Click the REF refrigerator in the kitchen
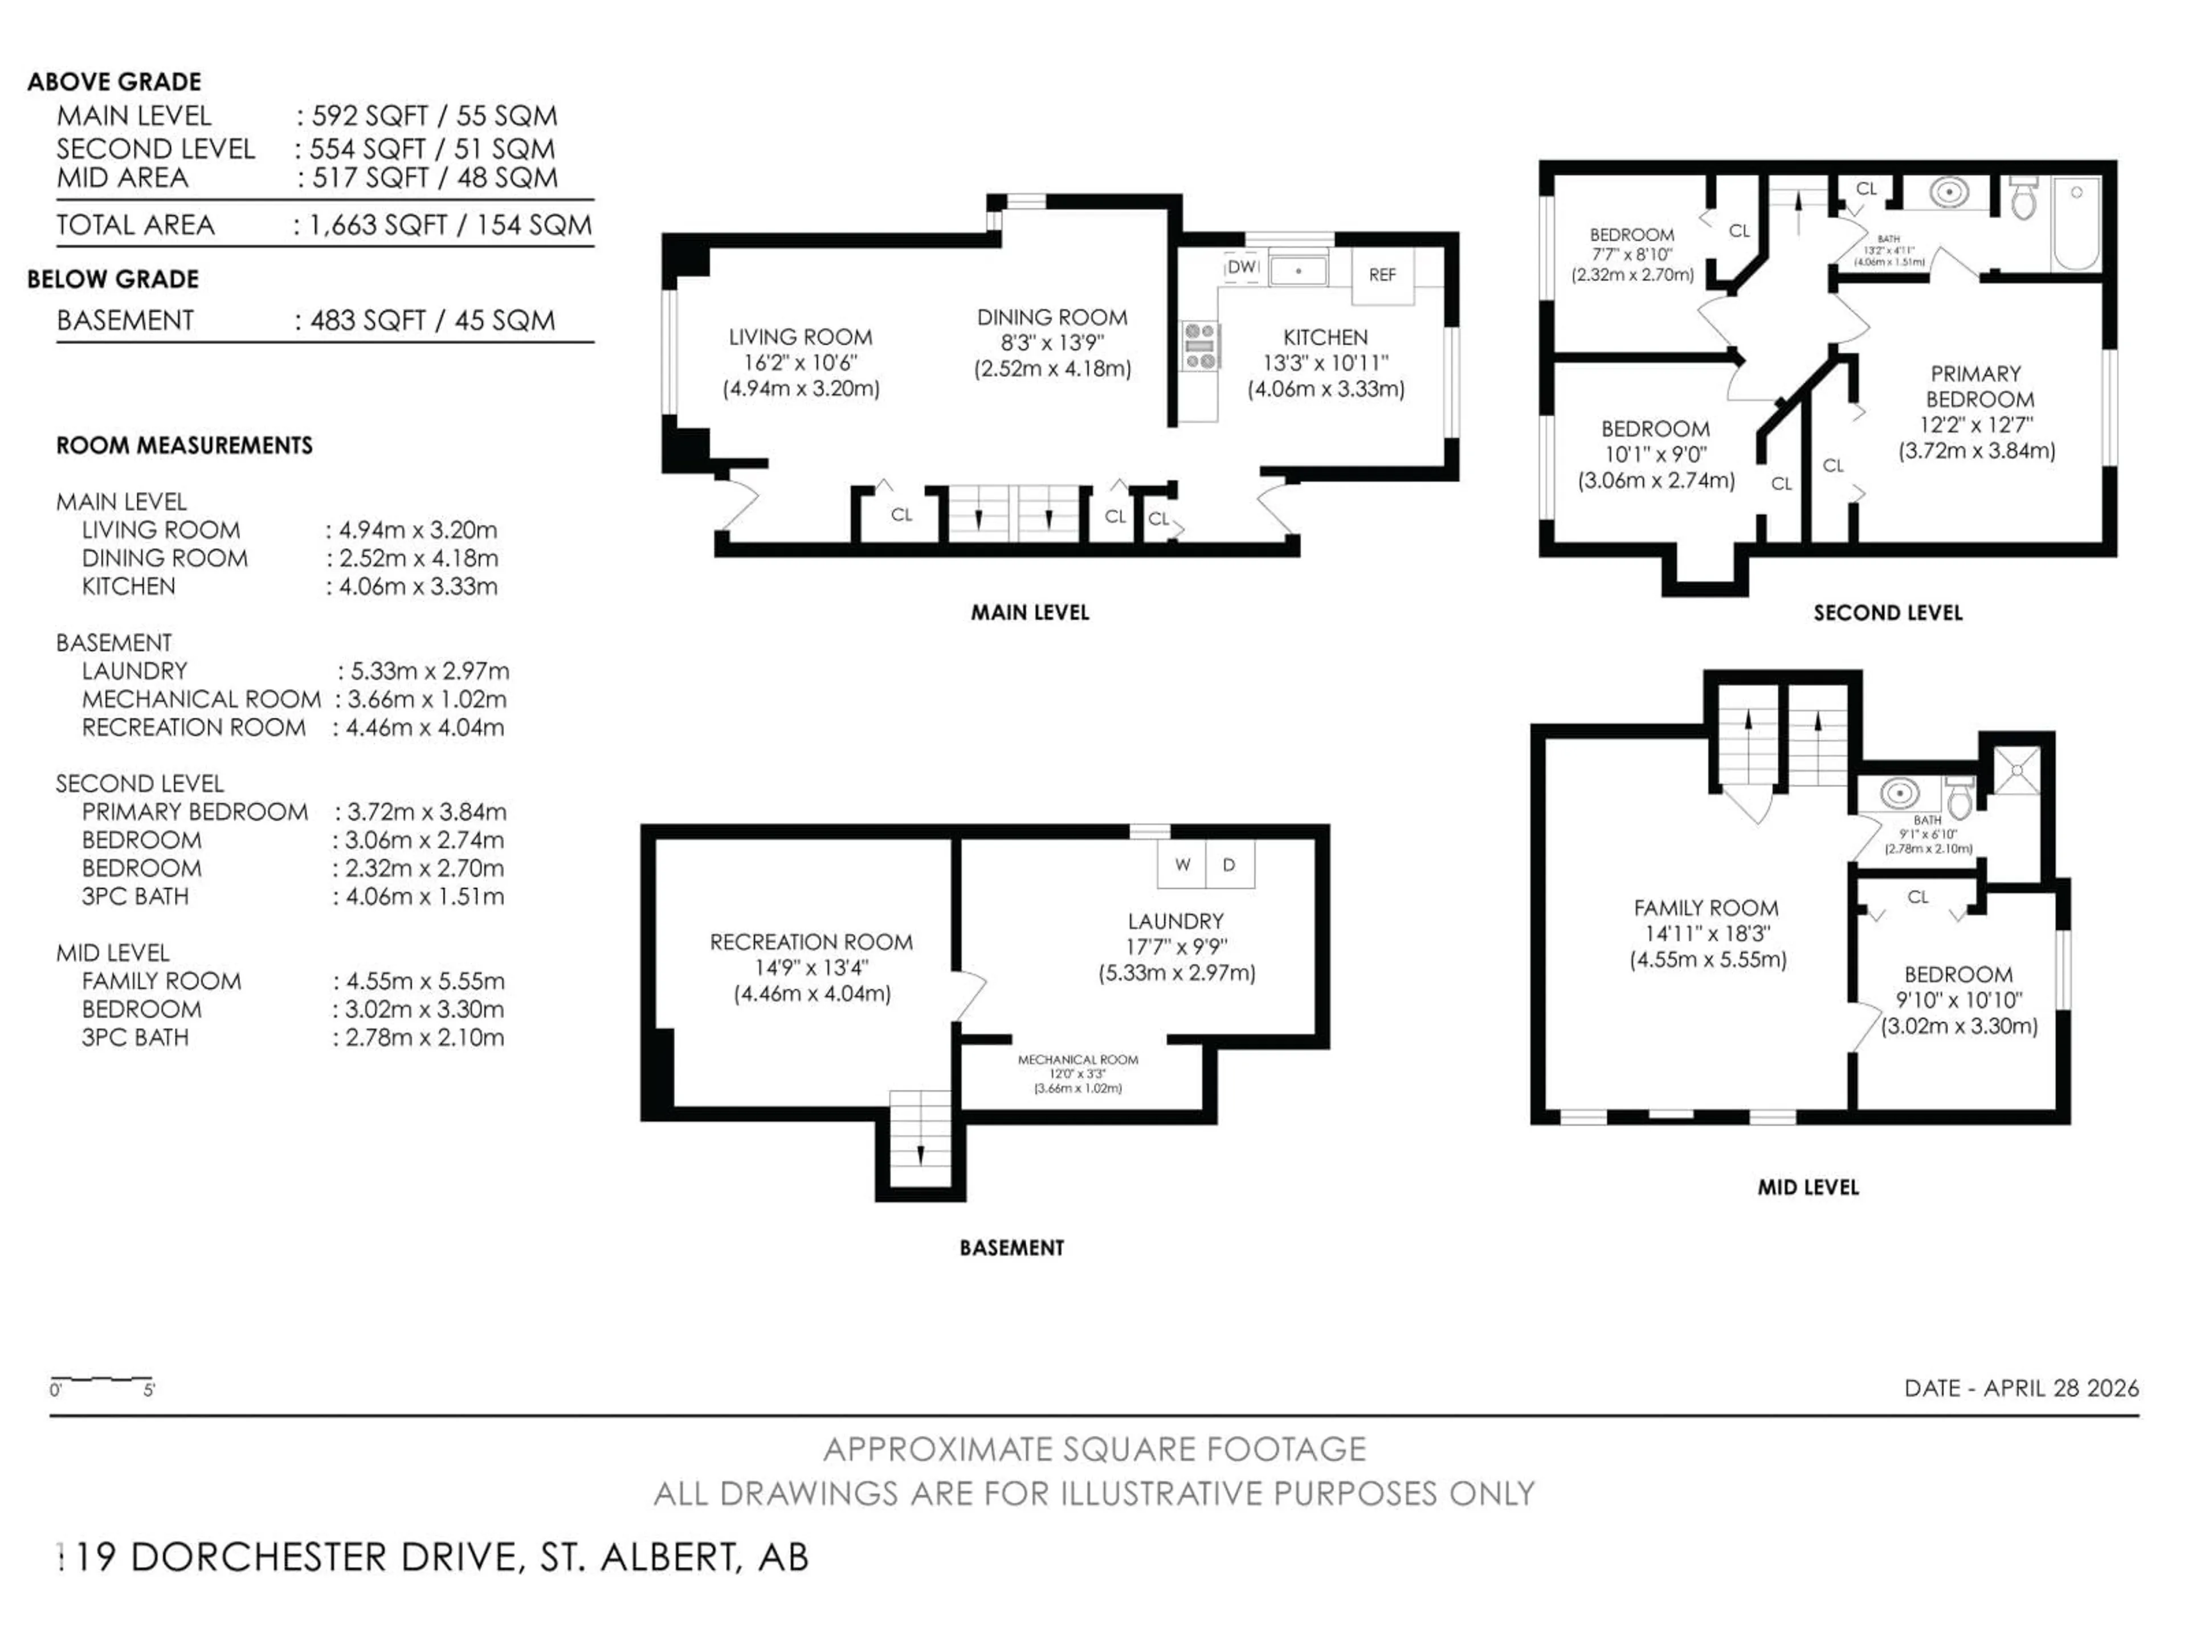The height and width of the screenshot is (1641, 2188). click(x=1382, y=274)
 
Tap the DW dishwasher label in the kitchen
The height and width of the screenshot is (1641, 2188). click(x=1242, y=267)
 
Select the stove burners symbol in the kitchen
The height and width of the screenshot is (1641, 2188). click(x=1201, y=346)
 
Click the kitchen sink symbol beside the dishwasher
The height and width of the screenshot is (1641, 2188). click(x=1298, y=269)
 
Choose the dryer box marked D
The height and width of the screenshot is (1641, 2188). click(x=1228, y=864)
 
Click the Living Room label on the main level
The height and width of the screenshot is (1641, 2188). click(x=800, y=337)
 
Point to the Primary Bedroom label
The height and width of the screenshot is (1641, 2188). click(x=1975, y=387)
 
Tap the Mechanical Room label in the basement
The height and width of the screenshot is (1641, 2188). click(x=1077, y=1059)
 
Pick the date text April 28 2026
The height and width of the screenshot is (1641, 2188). click(x=2021, y=1388)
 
